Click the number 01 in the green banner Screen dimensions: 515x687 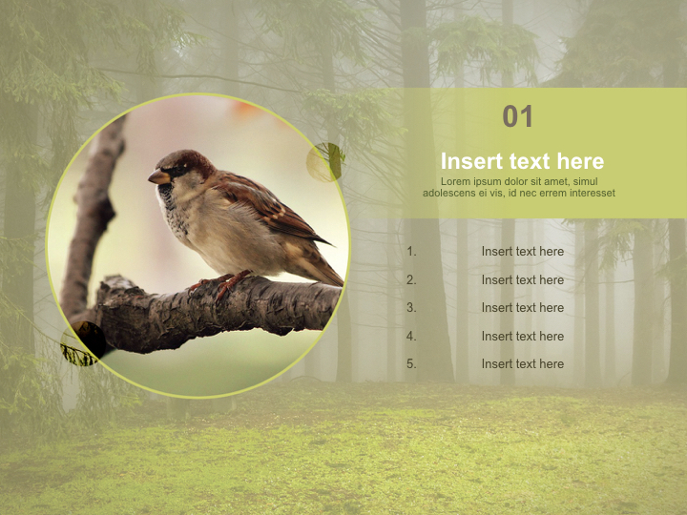point(518,117)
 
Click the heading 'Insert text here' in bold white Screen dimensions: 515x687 point(522,161)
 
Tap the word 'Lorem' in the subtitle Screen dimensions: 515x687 point(457,182)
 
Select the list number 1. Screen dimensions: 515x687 point(411,252)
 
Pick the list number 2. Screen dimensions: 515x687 point(411,280)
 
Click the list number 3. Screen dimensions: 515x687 point(411,308)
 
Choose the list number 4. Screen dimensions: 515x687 point(411,337)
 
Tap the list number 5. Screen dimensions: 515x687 point(411,364)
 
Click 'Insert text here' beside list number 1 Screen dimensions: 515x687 point(522,252)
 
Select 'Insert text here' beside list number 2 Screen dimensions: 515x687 point(522,280)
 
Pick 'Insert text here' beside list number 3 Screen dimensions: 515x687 point(522,308)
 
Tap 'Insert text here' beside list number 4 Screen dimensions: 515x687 point(522,337)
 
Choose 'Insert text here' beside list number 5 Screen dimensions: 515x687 point(522,364)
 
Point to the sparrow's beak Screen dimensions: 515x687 point(157,176)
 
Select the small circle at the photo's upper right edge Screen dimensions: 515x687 point(325,162)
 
